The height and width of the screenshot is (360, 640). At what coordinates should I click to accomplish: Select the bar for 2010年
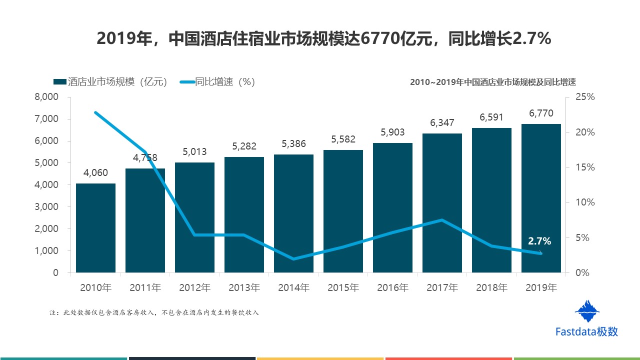pyautogui.click(x=95, y=228)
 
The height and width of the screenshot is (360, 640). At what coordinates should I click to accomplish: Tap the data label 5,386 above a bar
pyautogui.click(x=293, y=144)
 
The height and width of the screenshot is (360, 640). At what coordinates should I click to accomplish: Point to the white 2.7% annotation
pyautogui.click(x=539, y=241)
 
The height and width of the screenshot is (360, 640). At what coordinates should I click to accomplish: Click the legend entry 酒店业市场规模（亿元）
pyautogui.click(x=110, y=82)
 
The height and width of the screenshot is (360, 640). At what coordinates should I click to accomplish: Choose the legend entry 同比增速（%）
pyautogui.click(x=218, y=82)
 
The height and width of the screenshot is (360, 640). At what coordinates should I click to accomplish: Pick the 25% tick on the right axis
pyautogui.click(x=585, y=97)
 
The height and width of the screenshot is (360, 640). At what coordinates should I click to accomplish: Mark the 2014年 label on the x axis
pyautogui.click(x=293, y=287)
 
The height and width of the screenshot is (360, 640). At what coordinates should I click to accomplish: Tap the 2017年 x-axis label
pyautogui.click(x=442, y=287)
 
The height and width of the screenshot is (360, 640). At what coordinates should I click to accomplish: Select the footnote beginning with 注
pyautogui.click(x=154, y=313)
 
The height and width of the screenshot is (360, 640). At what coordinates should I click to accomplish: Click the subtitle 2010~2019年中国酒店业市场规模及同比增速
pyautogui.click(x=493, y=82)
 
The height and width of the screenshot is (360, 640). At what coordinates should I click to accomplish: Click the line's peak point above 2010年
pyautogui.click(x=95, y=112)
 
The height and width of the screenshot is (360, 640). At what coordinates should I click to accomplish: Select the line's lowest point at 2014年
pyautogui.click(x=293, y=259)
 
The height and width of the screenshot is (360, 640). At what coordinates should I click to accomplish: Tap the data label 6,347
pyautogui.click(x=442, y=122)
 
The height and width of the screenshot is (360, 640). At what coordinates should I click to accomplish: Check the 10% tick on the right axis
pyautogui.click(x=585, y=202)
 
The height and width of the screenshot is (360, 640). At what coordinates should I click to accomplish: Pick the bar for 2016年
pyautogui.click(x=392, y=208)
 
